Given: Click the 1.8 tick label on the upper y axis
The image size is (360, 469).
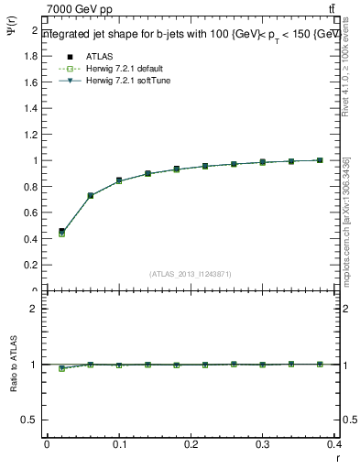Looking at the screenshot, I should point(29,56).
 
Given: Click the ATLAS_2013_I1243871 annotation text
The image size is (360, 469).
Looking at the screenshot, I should point(191,273).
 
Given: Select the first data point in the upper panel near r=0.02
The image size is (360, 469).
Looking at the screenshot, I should point(61,232).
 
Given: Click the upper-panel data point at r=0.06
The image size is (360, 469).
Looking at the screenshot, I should point(91,196).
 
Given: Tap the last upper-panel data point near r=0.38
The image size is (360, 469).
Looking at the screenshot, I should point(320,160).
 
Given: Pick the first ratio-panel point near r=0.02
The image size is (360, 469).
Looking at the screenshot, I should point(61,368).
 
